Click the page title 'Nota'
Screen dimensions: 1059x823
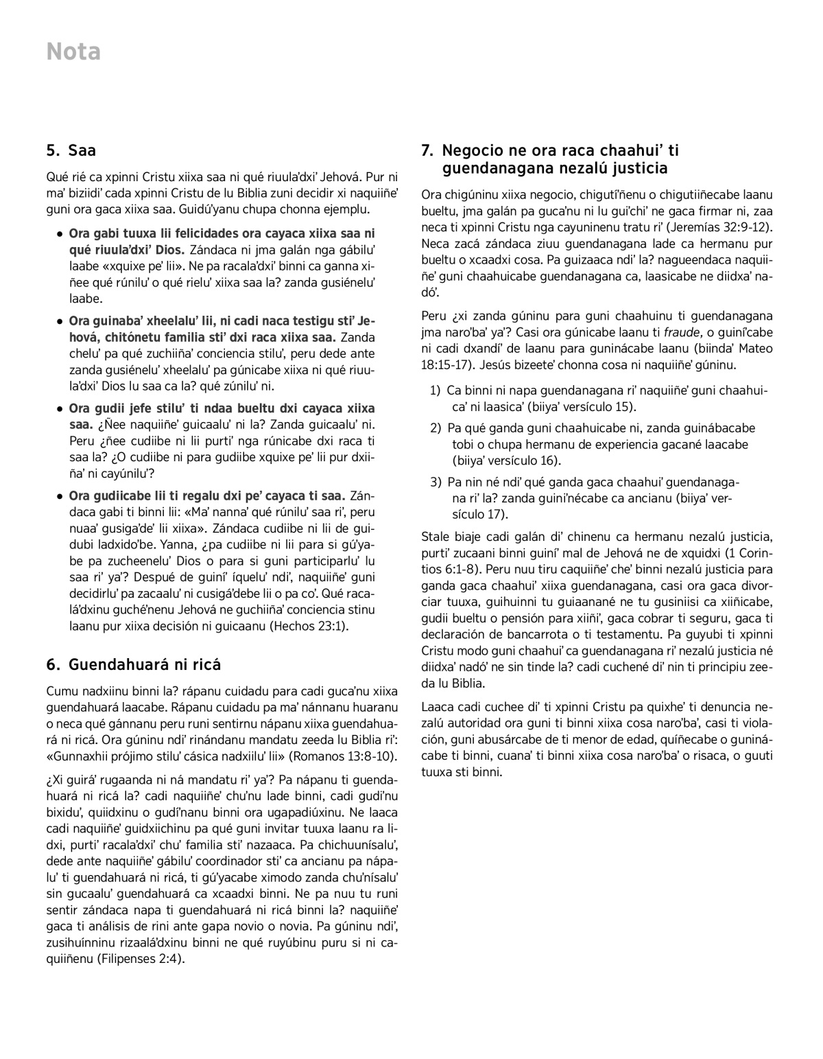pos(73,52)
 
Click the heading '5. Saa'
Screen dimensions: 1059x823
pos(71,150)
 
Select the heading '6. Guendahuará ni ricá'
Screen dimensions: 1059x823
pos(133,664)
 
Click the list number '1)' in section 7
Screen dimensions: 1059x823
pos(435,391)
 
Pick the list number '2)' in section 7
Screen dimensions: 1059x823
pos(435,428)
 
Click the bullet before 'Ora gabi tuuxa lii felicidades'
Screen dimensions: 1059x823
pos(60,234)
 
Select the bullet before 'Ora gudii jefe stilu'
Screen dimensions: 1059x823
pos(60,408)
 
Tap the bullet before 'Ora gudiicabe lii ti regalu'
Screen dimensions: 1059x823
pos(60,496)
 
